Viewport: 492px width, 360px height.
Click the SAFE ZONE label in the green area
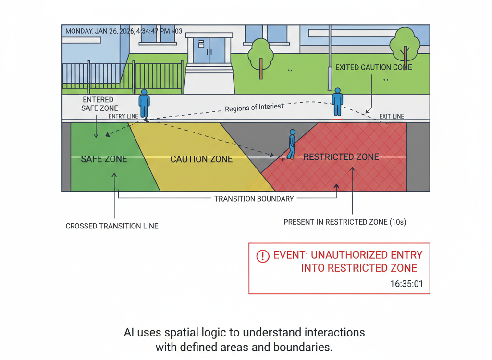click(104, 159)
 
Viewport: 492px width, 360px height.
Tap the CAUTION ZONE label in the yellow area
click(201, 159)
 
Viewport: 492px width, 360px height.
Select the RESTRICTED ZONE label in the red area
click(341, 157)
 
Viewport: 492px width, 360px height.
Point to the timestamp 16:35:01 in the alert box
click(406, 284)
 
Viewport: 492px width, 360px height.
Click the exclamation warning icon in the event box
click(262, 256)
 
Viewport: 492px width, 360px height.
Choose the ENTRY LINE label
click(123, 116)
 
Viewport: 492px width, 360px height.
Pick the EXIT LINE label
click(392, 116)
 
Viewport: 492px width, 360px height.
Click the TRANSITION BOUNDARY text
click(254, 199)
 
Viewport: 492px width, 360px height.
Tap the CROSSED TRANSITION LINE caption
click(112, 226)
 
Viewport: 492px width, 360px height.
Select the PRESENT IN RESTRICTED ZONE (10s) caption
click(344, 222)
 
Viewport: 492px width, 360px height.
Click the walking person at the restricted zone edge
click(291, 144)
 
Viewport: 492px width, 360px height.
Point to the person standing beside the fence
click(144, 103)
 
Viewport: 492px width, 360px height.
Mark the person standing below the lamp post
click(338, 102)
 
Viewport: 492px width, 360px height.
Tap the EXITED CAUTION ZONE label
click(373, 67)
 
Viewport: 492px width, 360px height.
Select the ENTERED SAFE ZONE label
click(99, 104)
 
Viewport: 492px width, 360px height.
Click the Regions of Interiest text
click(254, 107)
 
